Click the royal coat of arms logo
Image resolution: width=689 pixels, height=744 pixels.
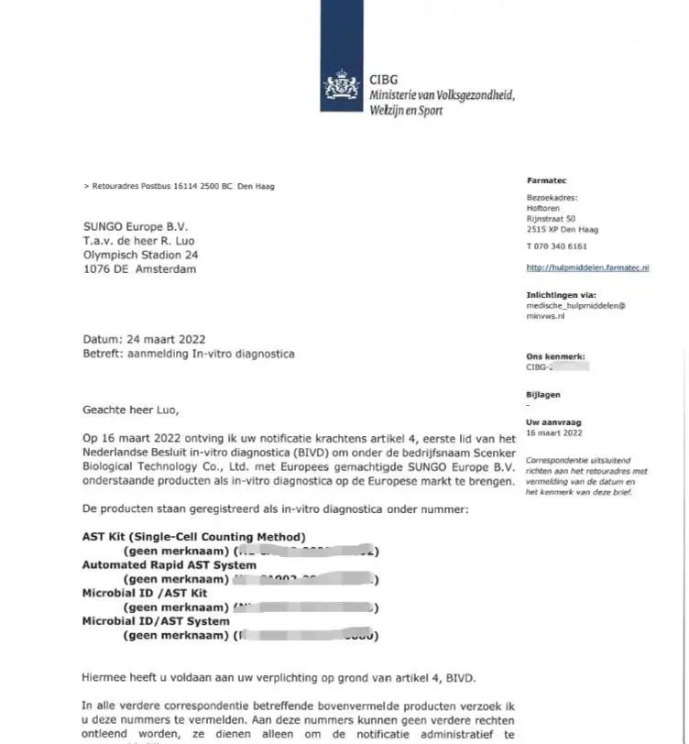coord(341,88)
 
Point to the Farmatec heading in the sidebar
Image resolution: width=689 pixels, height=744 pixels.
coord(547,181)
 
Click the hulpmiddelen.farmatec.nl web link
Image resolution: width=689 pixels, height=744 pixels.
coord(587,268)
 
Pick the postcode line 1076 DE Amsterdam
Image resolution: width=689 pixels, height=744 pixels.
coord(139,269)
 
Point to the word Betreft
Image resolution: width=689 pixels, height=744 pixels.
coord(103,354)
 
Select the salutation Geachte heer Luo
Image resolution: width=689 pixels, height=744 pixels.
coord(131,410)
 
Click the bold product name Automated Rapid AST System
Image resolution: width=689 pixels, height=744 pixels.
coord(169,565)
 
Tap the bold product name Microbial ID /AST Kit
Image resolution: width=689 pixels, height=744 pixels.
coord(145,594)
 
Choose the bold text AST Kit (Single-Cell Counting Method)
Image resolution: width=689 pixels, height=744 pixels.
coord(194,536)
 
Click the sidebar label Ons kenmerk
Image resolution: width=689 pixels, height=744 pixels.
coord(555,356)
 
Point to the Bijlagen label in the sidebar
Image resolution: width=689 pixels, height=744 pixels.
coord(542,395)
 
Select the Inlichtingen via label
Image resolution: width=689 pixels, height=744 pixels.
coord(561,295)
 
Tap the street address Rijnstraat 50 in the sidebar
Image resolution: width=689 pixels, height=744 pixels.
coord(551,218)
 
